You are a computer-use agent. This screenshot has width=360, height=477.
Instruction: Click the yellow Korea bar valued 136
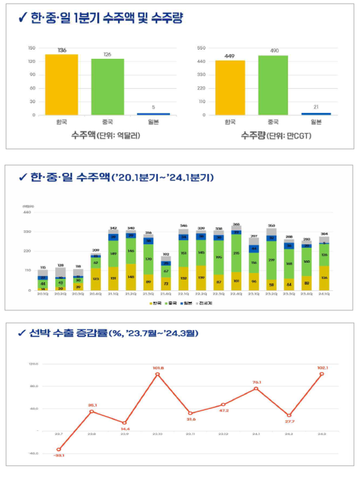click(62, 84)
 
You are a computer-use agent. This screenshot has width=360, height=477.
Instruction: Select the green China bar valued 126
click(107, 86)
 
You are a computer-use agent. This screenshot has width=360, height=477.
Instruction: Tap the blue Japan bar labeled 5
click(154, 113)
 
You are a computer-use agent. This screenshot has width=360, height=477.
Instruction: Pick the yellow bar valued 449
click(230, 87)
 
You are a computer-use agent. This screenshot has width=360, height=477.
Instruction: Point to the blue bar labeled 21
click(316, 113)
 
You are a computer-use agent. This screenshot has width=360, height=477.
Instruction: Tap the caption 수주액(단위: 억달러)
click(106, 135)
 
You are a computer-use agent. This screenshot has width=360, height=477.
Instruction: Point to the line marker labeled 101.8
click(158, 374)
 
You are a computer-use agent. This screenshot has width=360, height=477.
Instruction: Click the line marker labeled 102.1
click(322, 374)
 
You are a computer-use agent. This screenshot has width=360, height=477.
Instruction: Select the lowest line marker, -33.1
click(59, 449)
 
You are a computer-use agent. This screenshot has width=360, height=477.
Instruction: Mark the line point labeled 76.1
click(256, 389)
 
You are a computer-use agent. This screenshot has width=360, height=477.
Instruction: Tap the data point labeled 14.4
click(125, 423)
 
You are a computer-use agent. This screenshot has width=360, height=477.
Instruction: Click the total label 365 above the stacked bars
click(236, 224)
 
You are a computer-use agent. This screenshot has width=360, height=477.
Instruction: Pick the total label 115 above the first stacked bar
click(43, 267)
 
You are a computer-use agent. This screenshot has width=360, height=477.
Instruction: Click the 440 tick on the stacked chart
click(28, 212)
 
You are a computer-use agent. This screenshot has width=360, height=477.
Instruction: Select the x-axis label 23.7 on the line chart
click(59, 434)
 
